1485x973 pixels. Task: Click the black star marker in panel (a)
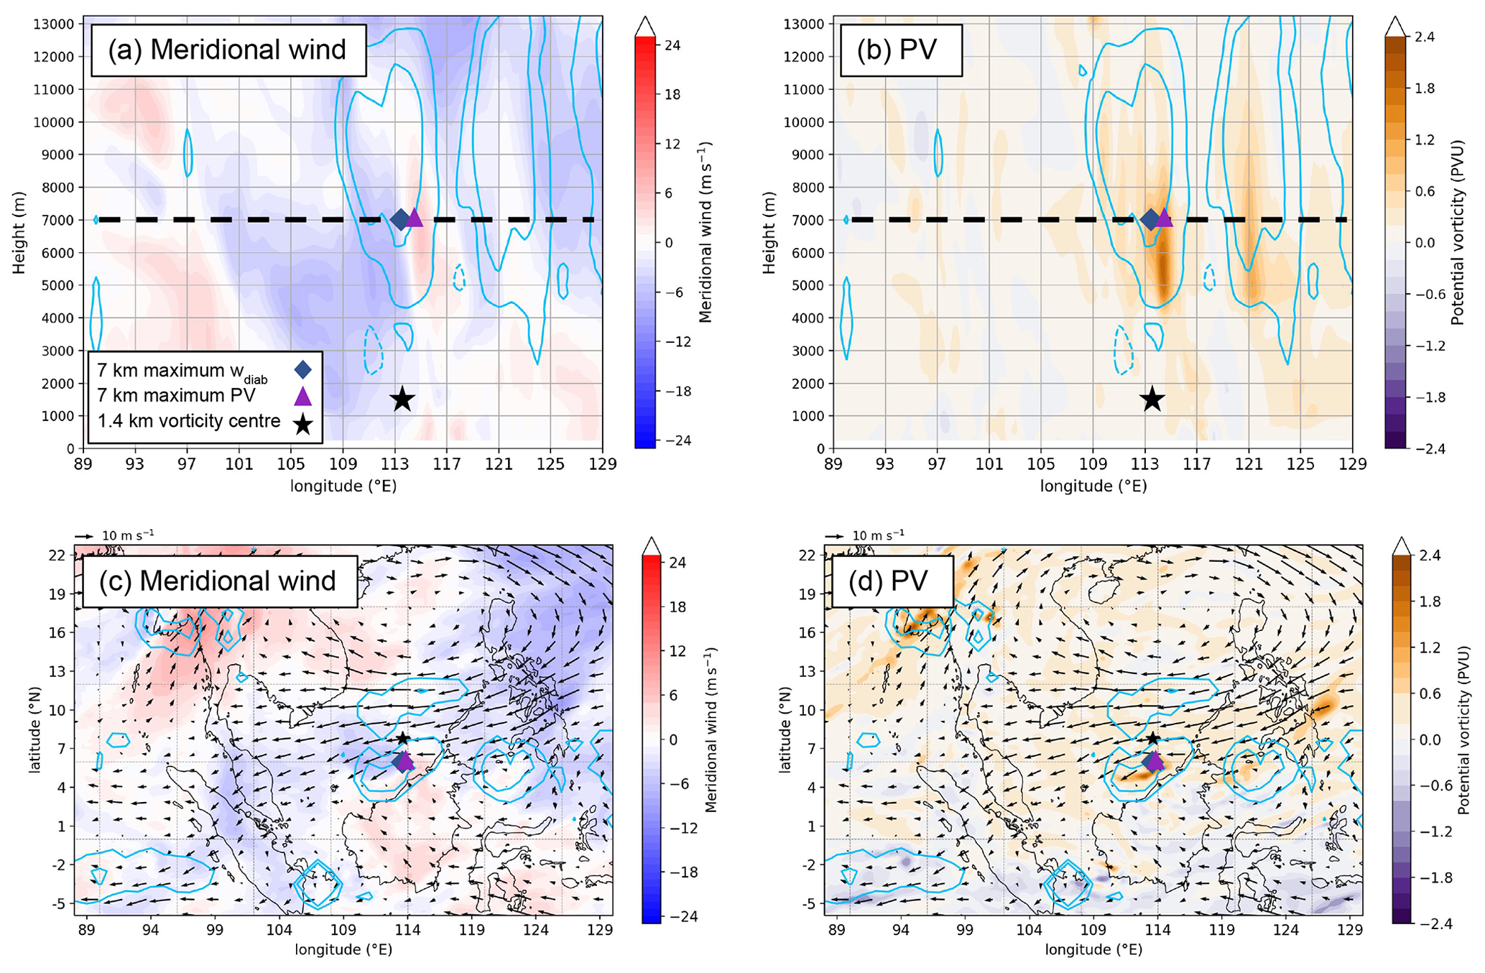402,400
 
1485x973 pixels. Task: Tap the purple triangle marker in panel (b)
1164,217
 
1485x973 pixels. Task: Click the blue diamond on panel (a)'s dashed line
400,220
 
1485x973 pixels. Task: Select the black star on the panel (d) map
1152,738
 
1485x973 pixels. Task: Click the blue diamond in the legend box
303,369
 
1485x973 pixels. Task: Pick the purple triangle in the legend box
303,396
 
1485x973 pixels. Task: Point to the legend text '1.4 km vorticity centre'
189,421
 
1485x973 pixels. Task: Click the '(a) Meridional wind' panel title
227,50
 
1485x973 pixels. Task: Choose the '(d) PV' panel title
888,581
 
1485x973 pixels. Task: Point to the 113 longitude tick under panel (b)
1144,464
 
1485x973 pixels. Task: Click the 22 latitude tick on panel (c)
57,555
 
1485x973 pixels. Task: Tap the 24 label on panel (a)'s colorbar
672,45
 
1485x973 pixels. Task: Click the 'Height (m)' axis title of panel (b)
769,232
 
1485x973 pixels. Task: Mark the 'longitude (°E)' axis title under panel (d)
1093,949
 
